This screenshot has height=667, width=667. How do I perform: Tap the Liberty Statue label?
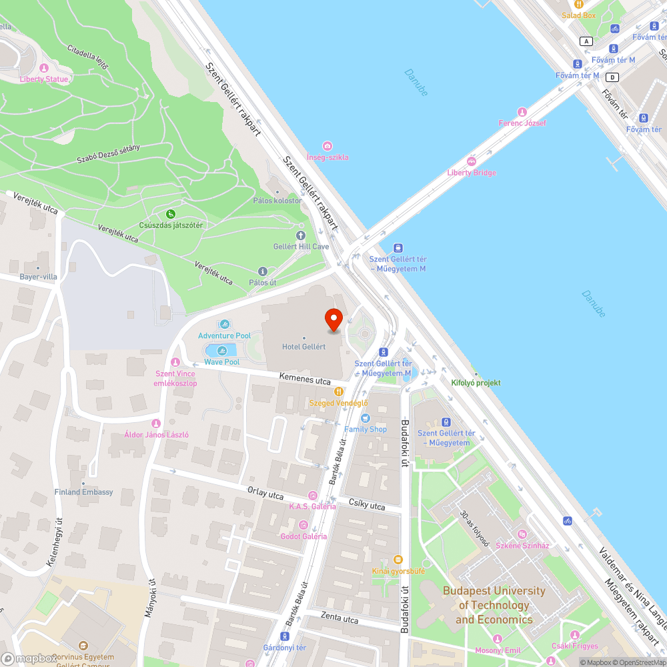tap(44, 79)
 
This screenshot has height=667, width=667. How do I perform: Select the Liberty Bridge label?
tap(472, 173)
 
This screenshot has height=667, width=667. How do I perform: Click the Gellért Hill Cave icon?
tap(301, 235)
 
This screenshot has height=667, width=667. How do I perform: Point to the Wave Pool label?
tap(221, 362)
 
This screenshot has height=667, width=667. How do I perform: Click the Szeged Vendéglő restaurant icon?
tap(339, 392)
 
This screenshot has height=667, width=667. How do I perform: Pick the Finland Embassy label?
tap(83, 492)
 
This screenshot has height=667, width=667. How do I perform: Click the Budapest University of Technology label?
tap(494, 605)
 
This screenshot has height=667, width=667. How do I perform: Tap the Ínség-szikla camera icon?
tap(327, 146)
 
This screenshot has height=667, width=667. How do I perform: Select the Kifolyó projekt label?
tap(476, 383)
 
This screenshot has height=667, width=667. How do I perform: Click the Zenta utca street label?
tap(340, 618)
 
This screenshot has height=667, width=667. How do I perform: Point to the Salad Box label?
tap(578, 15)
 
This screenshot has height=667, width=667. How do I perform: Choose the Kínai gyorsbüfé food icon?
tap(398, 560)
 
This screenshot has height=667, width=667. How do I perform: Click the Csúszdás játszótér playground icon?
tap(171, 214)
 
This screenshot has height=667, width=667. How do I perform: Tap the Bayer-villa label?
tap(38, 276)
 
